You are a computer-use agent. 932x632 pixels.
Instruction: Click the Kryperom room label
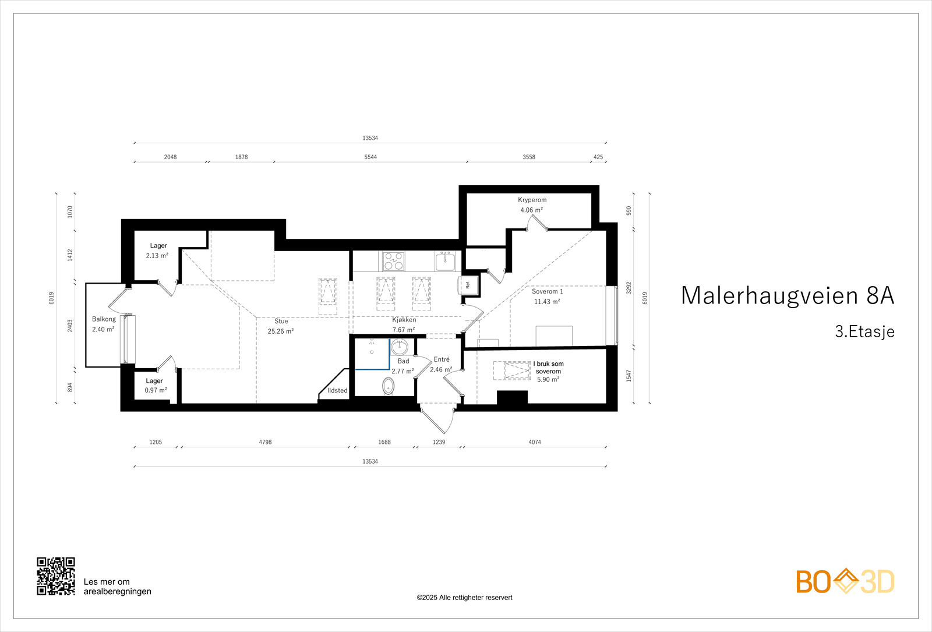click(532, 200)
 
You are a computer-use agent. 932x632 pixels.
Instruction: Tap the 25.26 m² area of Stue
click(280, 331)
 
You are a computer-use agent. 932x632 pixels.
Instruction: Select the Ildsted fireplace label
click(337, 390)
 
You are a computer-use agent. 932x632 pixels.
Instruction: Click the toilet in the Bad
click(389, 386)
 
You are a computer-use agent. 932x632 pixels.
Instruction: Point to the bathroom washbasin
click(400, 348)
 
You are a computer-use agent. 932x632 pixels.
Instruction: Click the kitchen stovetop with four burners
click(393, 261)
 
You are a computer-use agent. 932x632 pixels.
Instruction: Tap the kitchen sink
click(445, 262)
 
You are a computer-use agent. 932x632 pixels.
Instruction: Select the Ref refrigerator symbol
click(467, 285)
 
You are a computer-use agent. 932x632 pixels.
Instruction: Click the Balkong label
click(104, 319)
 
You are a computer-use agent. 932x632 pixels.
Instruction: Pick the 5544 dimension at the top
click(370, 157)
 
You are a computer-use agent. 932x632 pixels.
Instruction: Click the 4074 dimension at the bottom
click(535, 442)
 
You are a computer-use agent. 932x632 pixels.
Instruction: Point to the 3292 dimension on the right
click(629, 288)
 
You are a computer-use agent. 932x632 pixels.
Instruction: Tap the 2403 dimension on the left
click(70, 326)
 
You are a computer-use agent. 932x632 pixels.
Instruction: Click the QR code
click(56, 576)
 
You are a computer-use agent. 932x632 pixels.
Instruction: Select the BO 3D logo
click(845, 581)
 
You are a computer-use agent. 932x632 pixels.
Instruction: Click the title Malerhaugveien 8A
click(787, 295)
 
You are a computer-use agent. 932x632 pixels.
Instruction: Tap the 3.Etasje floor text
click(864, 331)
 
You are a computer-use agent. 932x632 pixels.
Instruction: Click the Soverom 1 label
click(547, 291)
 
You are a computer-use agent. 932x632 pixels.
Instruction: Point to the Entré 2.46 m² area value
click(441, 370)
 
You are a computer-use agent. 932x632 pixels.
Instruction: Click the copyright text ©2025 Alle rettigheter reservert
click(464, 598)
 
